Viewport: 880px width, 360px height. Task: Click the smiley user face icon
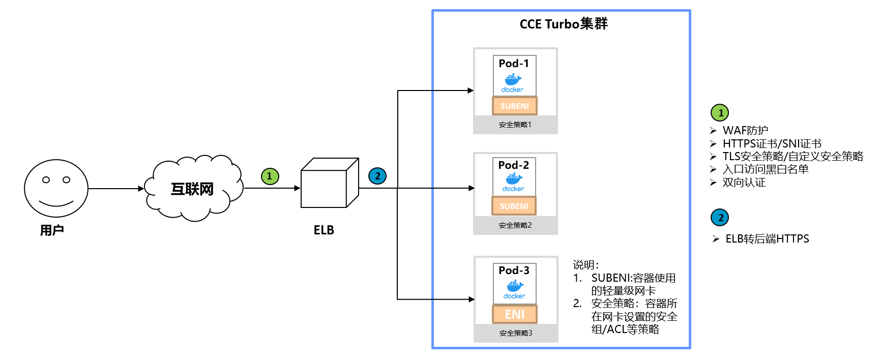56,188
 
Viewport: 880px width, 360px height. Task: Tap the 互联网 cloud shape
192,189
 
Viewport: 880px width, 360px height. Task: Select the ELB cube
329,183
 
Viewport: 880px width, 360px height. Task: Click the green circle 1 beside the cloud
270,176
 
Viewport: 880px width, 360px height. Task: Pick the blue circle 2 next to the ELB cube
377,176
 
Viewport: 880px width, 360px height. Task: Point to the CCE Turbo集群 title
564,24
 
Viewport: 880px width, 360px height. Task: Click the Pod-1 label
514,64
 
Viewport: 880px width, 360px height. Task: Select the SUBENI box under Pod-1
514,106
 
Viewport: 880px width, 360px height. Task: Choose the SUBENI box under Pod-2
514,206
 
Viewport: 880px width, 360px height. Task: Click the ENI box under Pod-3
515,314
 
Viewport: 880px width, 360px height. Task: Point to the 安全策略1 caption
515,125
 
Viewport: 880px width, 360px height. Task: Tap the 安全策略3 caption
516,333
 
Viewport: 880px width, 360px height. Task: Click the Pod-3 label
514,271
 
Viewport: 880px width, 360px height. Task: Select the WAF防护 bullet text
745,131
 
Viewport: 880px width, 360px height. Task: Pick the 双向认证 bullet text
744,183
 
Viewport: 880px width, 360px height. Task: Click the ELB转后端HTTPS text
767,239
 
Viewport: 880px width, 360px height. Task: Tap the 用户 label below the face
52,230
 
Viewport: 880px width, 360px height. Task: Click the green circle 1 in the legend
720,113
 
